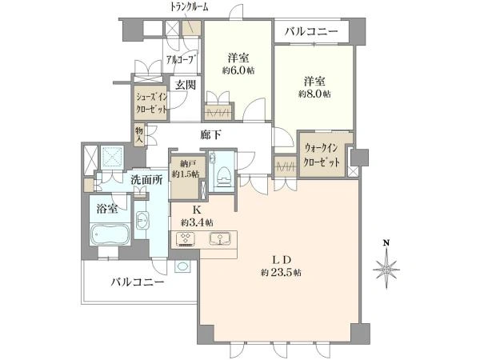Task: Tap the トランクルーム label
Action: pyautogui.click(x=190, y=6)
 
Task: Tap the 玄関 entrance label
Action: pyautogui.click(x=186, y=85)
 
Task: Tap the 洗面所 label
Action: pyautogui.click(x=146, y=180)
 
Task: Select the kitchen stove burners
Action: pyautogui.click(x=187, y=238)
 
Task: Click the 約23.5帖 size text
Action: pyautogui.click(x=280, y=273)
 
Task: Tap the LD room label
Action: pyautogui.click(x=279, y=258)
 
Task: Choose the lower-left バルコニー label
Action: pyautogui.click(x=138, y=283)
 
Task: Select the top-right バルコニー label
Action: pyautogui.click(x=311, y=33)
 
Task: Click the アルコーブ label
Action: pyautogui.click(x=180, y=58)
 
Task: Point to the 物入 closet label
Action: pyautogui.click(x=139, y=134)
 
